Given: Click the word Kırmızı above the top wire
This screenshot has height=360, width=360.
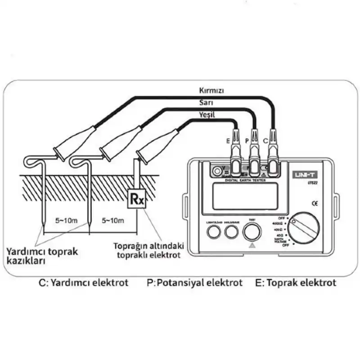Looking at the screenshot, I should pos(211,90).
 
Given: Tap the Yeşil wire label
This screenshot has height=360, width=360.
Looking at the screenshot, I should pos(207,115).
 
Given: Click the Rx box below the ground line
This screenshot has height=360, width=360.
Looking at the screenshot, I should pos(137,198).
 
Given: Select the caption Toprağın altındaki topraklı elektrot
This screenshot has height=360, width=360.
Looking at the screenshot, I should pos(145,251).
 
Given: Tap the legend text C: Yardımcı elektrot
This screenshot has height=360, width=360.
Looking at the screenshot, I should pos(84,283).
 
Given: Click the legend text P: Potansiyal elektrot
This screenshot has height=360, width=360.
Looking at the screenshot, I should pos(194,283).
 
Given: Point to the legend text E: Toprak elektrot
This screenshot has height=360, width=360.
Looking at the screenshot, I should pos(295,283).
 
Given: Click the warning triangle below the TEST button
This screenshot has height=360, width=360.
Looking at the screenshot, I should pos(252,246).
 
